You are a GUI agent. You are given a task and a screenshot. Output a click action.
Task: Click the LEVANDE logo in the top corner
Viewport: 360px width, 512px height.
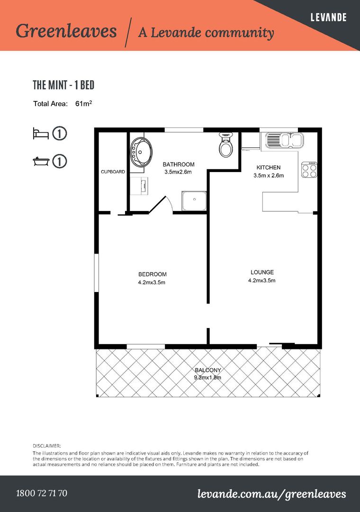point(328,18)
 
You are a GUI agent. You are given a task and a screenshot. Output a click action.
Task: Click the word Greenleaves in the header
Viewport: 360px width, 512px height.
point(66,31)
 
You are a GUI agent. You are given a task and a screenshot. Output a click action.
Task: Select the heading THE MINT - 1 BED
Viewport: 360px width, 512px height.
point(63,85)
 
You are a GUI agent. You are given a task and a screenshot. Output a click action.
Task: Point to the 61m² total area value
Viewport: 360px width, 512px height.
point(83,103)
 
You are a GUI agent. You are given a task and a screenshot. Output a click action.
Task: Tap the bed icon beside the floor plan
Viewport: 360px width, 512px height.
point(41,133)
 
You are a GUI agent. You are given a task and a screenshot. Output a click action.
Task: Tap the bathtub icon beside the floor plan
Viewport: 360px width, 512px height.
point(41,161)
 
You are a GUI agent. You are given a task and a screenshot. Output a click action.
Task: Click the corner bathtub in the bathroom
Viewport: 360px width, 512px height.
point(142,152)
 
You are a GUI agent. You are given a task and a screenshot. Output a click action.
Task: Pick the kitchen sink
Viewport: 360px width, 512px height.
point(284,140)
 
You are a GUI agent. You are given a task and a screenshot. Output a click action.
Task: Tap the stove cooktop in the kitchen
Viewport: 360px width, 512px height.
point(309,170)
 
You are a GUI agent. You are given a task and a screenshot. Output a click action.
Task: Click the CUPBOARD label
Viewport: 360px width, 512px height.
point(113,172)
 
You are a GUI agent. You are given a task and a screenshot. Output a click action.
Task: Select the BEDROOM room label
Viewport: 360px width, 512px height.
point(152,274)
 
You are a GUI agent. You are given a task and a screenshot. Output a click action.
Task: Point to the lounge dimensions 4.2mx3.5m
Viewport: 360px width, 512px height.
point(262,280)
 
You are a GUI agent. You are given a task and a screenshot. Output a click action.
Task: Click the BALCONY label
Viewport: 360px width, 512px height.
point(208,370)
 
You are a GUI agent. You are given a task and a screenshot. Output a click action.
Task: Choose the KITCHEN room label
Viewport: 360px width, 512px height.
point(269,167)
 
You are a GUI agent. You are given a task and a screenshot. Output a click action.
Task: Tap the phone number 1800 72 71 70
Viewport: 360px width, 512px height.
point(42,493)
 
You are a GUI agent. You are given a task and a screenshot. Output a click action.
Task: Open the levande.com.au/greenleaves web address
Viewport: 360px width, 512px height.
point(271,494)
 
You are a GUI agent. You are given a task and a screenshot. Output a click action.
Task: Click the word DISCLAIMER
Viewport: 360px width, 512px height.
point(47,446)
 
